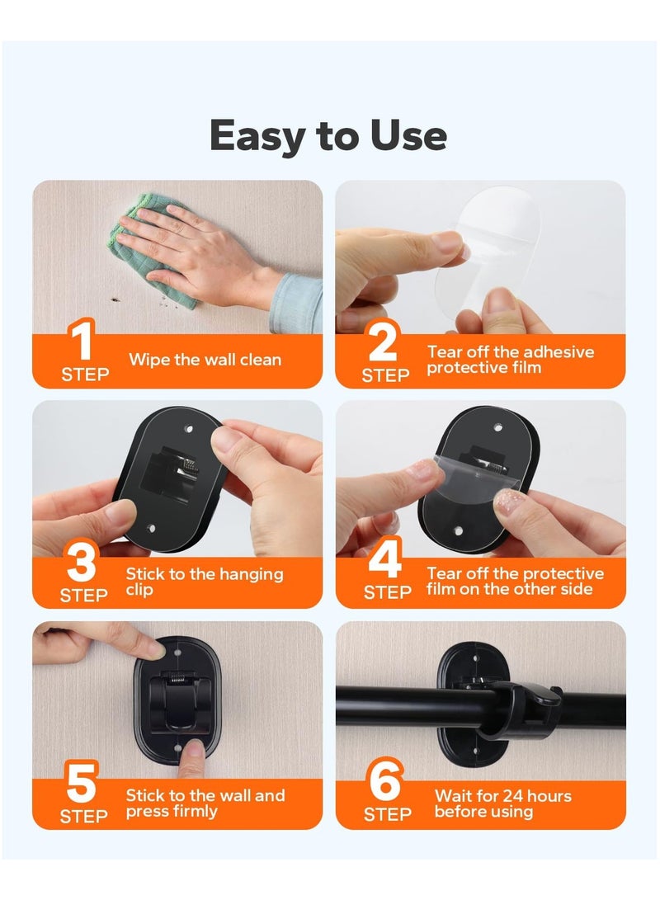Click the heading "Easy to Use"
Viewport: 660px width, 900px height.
[x=328, y=136]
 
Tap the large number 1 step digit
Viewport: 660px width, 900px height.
[x=82, y=342]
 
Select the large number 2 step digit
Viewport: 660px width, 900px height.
[x=383, y=342]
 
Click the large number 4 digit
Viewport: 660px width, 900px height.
[x=384, y=563]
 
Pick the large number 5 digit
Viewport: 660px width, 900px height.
[x=82, y=785]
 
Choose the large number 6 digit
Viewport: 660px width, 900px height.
[x=384, y=785]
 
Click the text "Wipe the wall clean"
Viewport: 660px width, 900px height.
[x=205, y=360]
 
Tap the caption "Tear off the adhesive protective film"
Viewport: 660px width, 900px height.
[x=510, y=360]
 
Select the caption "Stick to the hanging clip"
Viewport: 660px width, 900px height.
[x=204, y=582]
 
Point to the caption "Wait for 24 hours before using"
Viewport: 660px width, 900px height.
[x=502, y=803]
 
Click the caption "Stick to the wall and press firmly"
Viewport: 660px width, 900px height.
[x=205, y=803]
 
